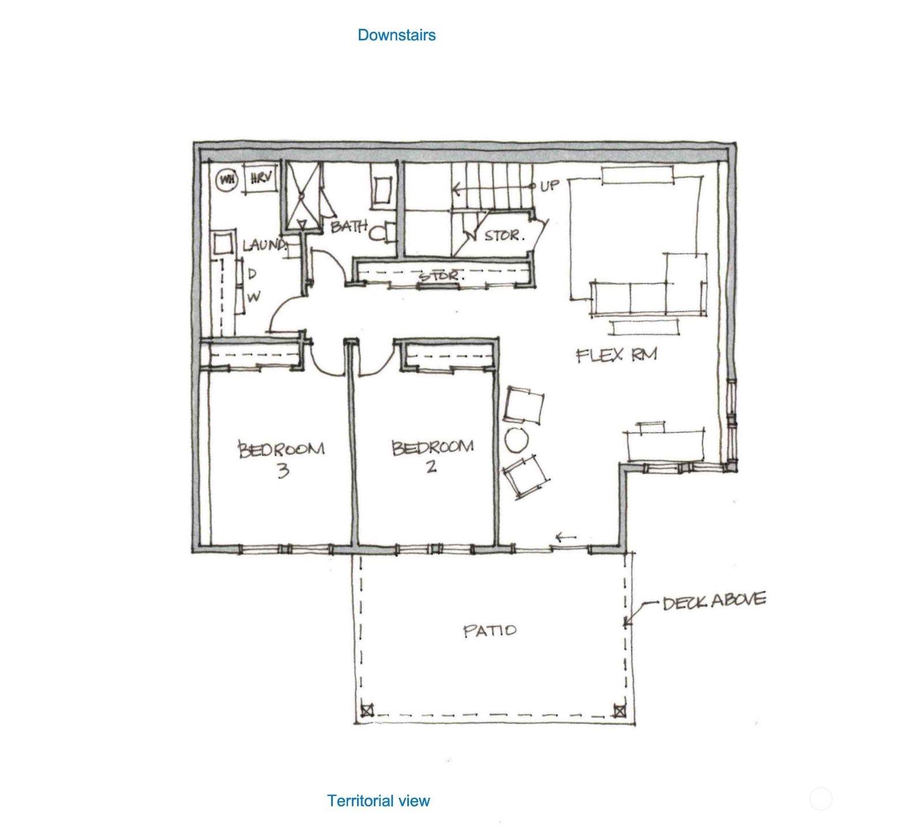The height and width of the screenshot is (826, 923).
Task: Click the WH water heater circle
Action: tap(227, 180)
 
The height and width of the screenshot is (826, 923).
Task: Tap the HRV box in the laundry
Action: tap(261, 179)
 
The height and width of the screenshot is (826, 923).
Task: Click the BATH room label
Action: tap(348, 226)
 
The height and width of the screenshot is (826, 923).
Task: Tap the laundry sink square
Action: tap(223, 244)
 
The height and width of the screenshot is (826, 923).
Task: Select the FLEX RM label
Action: tap(617, 354)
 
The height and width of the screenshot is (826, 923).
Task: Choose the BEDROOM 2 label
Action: tap(433, 456)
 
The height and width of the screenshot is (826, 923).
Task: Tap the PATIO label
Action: tap(490, 630)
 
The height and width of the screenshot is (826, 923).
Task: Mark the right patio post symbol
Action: tap(619, 710)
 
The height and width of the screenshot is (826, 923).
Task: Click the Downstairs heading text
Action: tap(396, 35)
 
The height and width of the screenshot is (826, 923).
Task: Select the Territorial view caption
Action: tap(378, 801)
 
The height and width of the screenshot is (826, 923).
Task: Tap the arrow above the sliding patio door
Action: tap(566, 538)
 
